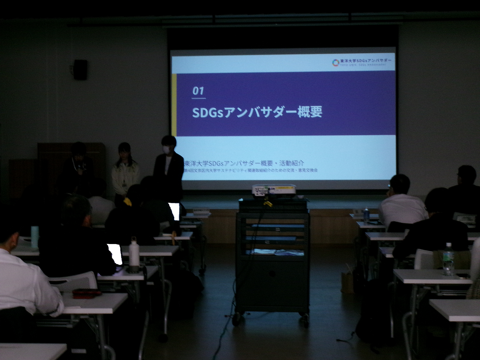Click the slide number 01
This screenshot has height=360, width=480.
tap(198, 91)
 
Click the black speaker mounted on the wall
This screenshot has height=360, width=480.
tap(80, 69)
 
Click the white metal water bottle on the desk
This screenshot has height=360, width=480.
tap(134, 255)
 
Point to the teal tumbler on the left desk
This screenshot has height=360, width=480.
tap(34, 237)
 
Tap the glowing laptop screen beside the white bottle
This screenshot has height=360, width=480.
tap(115, 254)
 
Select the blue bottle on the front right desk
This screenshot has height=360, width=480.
tap(367, 215)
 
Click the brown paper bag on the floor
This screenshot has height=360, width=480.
tap(347, 282)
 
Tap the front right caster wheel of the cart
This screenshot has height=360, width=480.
tap(305, 320)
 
